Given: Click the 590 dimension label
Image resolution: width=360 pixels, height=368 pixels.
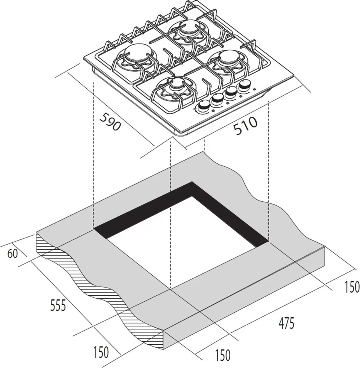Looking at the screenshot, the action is point(110,121).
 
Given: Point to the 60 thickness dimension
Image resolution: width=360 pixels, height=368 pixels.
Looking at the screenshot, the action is point(13,254).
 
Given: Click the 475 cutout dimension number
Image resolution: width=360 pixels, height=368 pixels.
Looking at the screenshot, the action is point(286,323).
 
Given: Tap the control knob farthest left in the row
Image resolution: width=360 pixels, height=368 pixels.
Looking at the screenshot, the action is point(204,107).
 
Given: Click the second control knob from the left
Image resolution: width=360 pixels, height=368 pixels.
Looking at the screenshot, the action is point(217,100).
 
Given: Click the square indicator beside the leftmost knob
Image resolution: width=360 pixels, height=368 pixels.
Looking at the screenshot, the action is point(213,110).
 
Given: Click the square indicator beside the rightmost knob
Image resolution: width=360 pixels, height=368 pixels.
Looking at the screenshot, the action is point(255,89).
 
